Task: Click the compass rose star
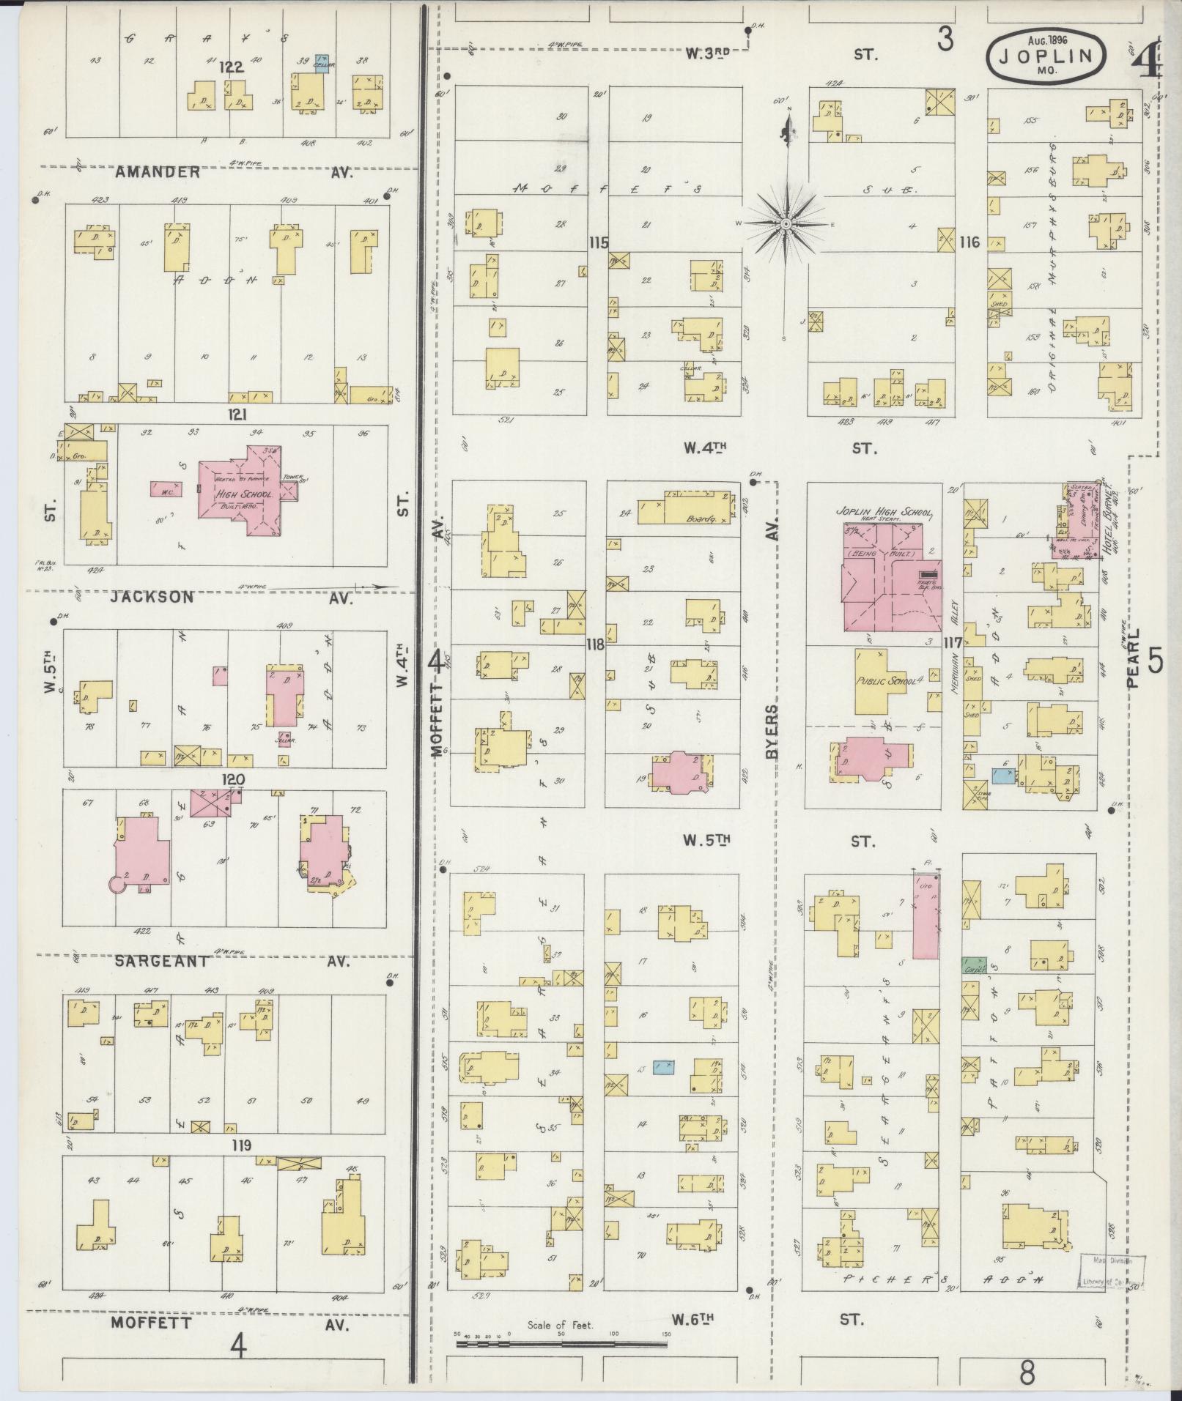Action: point(786,223)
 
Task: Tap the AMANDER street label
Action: point(158,172)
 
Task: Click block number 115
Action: point(598,242)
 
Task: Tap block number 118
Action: point(595,644)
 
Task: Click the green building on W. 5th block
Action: point(974,965)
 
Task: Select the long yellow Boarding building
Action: point(685,508)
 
